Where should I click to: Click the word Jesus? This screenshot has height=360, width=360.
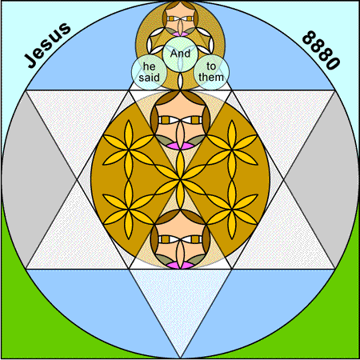coord(47,45)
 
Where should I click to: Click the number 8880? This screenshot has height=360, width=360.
coord(321,50)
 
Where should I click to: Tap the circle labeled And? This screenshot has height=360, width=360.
coord(180,54)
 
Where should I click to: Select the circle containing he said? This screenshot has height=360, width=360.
coord(149,72)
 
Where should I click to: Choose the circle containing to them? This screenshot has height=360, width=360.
coord(211,72)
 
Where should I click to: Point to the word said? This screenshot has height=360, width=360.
coord(149,78)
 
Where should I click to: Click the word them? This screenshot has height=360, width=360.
coord(211,78)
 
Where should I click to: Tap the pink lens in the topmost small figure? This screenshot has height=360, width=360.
coord(180,34)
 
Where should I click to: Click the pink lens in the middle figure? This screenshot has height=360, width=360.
coord(180,146)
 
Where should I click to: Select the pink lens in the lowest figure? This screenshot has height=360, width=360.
coord(180,265)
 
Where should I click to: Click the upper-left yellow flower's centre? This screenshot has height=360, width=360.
coord(129,150)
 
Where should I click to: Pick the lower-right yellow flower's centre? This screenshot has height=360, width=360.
coord(232,210)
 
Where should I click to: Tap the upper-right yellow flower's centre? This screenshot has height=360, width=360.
coord(232,150)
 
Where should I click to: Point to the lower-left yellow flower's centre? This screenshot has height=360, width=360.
coord(129,210)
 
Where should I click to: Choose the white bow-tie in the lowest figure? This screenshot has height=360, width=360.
coord(180,239)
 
